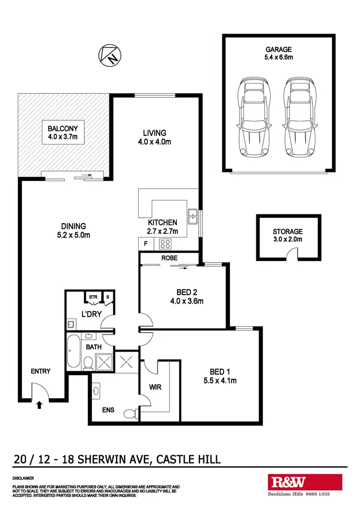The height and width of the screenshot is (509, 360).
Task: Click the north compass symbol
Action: coord(109,56)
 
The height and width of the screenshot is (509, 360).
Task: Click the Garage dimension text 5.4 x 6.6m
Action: coord(278,58)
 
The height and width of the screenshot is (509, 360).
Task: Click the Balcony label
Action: coord(62,129)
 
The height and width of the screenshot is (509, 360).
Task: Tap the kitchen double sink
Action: coord(193,216)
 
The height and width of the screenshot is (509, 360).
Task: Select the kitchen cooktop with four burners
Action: coord(166,244)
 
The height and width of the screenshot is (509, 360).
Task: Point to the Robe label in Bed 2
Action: coord(169,258)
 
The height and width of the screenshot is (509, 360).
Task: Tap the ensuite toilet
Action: coord(129,414)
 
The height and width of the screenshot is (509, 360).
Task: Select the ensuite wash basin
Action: coord(96,391)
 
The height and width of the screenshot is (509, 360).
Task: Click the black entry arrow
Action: coord(39,405)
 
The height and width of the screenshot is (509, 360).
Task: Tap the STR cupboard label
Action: coord(93,297)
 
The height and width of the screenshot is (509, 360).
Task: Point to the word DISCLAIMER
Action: coord(23,478)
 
